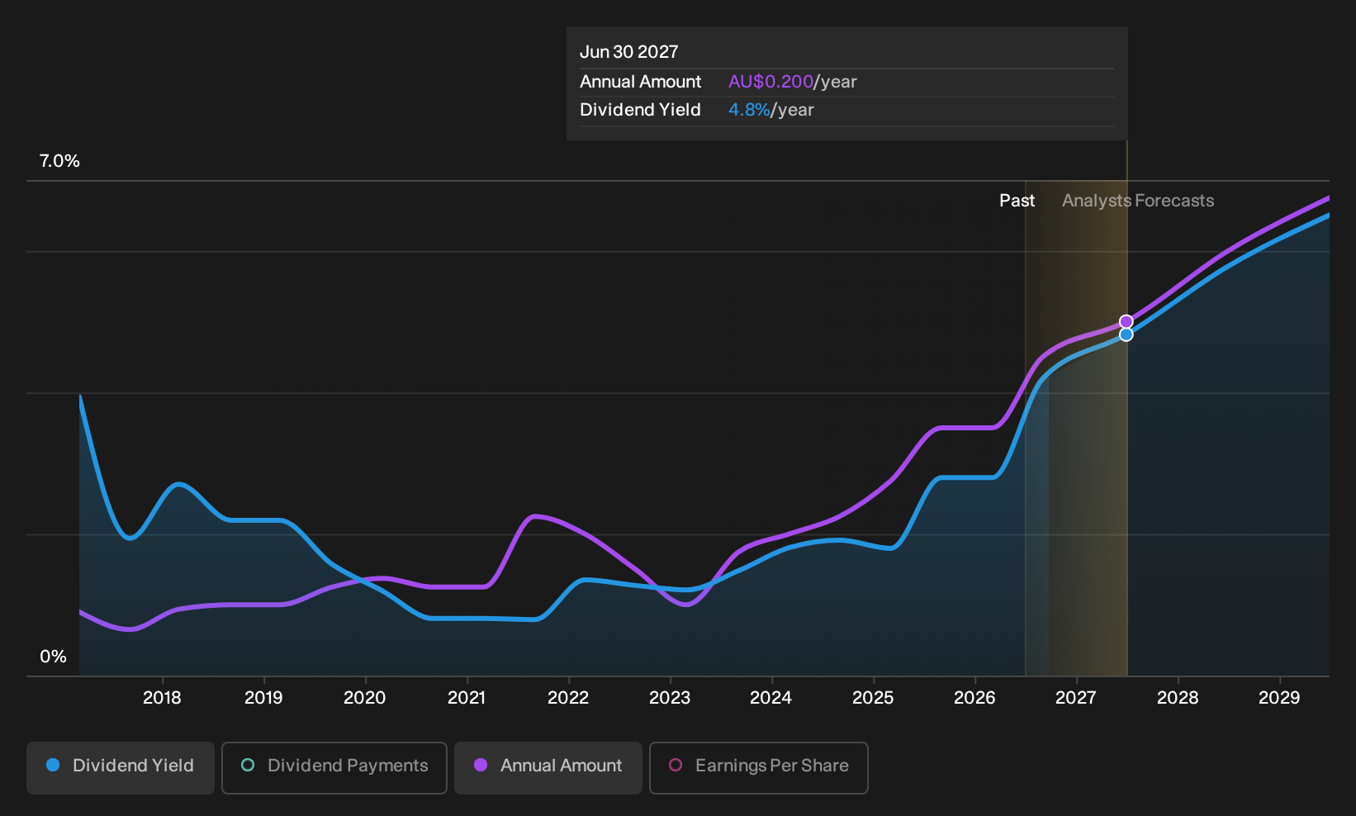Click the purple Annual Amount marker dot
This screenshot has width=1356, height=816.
coord(1126,321)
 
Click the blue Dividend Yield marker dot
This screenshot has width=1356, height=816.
coord(1126,334)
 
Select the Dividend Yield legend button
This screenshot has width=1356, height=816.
coord(121,767)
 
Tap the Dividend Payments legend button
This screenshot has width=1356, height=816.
coord(334,767)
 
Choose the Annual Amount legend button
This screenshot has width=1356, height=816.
coord(548,767)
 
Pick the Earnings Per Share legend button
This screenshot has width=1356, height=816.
coord(758,767)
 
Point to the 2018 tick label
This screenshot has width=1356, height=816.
coord(162,698)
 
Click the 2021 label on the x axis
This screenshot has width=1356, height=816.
coord(467,698)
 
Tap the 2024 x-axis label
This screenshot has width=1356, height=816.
coord(771,698)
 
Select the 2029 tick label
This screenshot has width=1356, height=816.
coord(1279,698)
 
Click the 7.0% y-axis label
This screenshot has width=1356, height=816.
coord(59,161)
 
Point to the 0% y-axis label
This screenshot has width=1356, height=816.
coord(54,657)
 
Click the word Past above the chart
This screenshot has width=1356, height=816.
coord(1017,201)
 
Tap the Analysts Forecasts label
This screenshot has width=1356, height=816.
coord(1138,201)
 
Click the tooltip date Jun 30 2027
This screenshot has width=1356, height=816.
coord(629,52)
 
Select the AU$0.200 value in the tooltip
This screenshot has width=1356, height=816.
coord(770,82)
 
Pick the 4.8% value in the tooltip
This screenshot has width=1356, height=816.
coord(749,110)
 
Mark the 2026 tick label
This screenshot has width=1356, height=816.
coord(974,698)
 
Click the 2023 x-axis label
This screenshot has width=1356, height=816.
coord(670,698)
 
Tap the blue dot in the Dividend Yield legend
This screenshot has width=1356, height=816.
coord(54,765)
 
